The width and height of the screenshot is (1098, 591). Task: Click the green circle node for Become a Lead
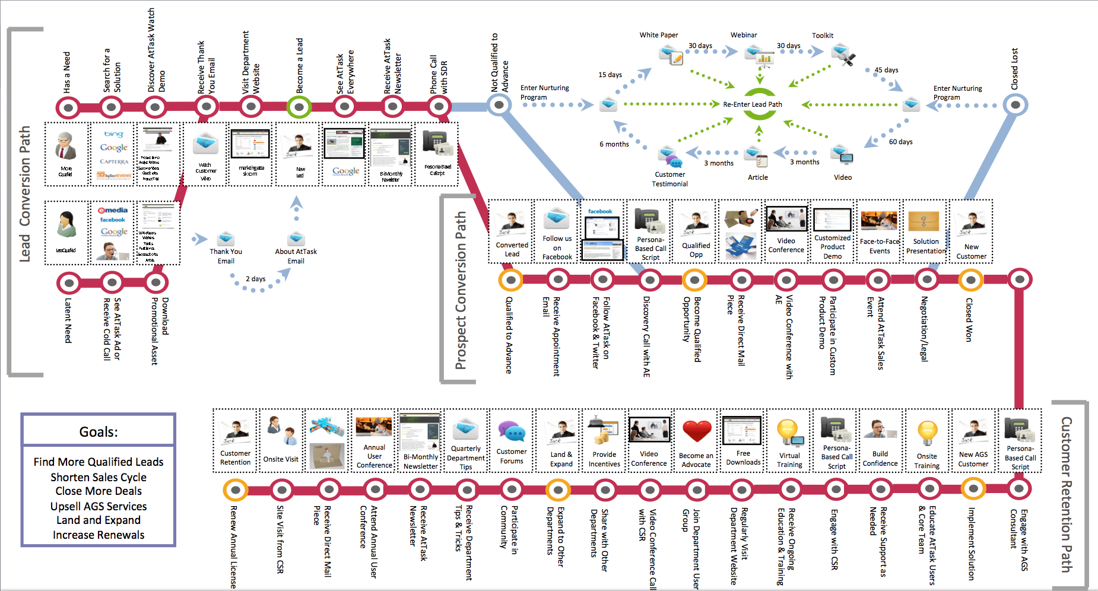pyautogui.click(x=299, y=107)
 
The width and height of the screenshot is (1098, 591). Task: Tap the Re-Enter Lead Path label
pyautogui.click(x=752, y=104)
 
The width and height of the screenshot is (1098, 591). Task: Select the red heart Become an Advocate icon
pyautogui.click(x=697, y=432)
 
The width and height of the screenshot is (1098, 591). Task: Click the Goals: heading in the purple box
pyautogui.click(x=99, y=432)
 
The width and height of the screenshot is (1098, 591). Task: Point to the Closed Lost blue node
pyautogui.click(x=1016, y=105)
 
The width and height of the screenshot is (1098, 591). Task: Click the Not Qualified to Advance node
pyautogui.click(x=499, y=105)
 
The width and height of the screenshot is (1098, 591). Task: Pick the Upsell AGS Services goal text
pyautogui.click(x=99, y=506)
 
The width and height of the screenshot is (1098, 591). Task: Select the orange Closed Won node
pyautogui.click(x=971, y=279)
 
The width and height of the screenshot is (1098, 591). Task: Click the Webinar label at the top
pyautogui.click(x=744, y=35)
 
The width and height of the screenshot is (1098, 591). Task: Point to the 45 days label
pyautogui.click(x=886, y=70)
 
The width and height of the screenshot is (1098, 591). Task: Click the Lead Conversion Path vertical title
pyautogui.click(x=24, y=193)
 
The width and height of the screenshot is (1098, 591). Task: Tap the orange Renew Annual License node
pyautogui.click(x=236, y=490)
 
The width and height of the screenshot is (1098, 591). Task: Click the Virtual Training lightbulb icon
pyautogui.click(x=788, y=432)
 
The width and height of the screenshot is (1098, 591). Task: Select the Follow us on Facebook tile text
pyautogui.click(x=557, y=247)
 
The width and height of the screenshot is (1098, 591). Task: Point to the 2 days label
pyautogui.click(x=256, y=279)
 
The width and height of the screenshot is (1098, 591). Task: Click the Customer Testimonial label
pyautogui.click(x=669, y=179)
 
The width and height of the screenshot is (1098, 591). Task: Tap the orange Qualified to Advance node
pyautogui.click(x=510, y=279)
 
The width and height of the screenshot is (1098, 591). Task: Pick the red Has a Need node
pyautogui.click(x=69, y=107)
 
